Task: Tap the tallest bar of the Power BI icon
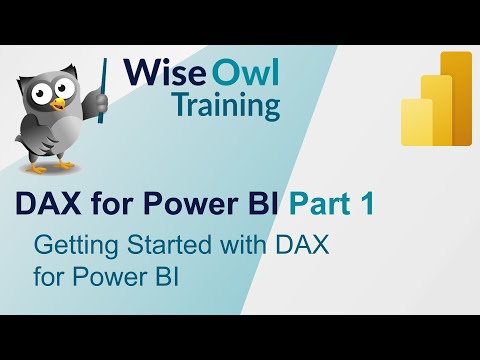456,100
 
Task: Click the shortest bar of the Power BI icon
416,122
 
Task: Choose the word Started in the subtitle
150,244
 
